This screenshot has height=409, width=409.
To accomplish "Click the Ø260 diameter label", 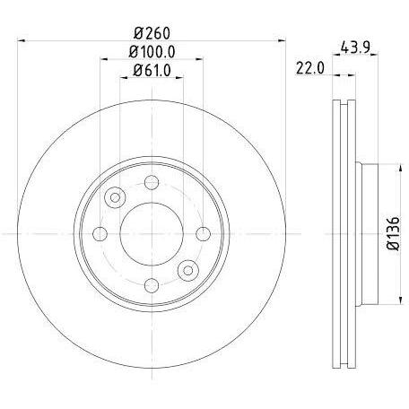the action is click(152, 33).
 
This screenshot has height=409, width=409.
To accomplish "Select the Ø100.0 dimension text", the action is click(152, 52).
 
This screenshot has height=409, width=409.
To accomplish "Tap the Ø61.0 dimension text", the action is click(152, 71).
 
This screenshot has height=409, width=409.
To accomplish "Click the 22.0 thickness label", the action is click(310, 68).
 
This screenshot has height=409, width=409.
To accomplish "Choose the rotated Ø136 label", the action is click(393, 233).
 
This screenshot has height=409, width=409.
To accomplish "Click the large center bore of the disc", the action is click(152, 233).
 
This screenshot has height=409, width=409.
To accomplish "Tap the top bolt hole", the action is click(152, 182).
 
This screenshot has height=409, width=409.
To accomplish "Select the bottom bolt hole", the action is click(152, 285).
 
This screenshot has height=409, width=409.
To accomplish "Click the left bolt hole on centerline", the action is click(100, 233).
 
